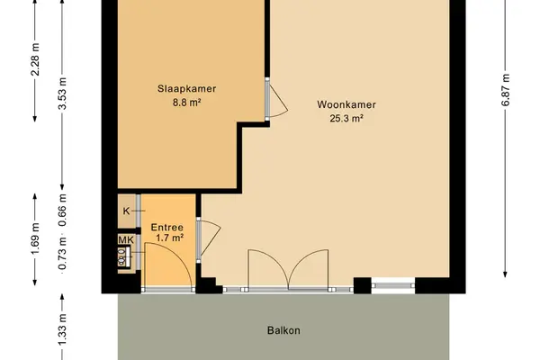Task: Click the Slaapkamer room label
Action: click(186, 88)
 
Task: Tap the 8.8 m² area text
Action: click(186, 103)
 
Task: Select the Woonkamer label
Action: click(346, 104)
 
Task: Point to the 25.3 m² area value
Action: click(346, 118)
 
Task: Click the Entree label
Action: click(167, 228)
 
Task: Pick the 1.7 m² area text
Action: click(169, 238)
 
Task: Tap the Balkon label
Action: click(283, 330)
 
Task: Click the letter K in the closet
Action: click(126, 211)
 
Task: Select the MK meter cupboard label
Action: click(126, 239)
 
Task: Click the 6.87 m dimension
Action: click(506, 90)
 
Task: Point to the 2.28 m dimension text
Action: click(35, 59)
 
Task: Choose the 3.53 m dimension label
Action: click(62, 94)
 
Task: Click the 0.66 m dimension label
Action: click(62, 211)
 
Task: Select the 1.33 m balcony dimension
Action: click(62, 329)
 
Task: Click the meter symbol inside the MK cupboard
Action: click(123, 256)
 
